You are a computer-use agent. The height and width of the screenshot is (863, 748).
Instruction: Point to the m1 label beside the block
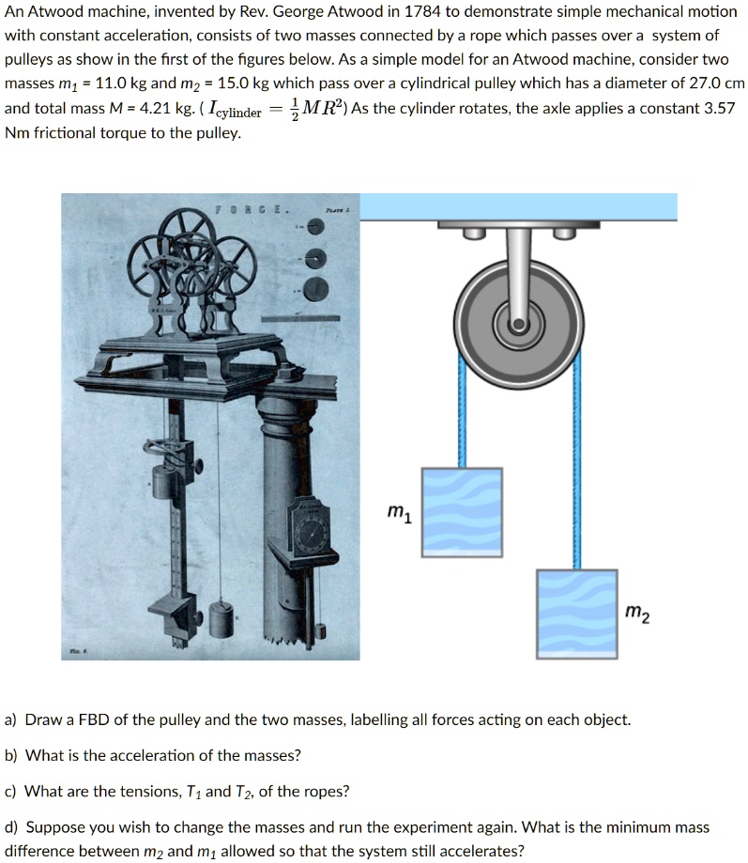click(x=398, y=512)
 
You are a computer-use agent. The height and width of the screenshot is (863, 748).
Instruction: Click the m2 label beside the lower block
click(x=636, y=614)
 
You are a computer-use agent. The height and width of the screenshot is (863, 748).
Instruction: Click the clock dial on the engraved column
click(x=311, y=533)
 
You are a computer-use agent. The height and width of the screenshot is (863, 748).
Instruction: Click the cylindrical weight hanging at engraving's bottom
click(x=221, y=619)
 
